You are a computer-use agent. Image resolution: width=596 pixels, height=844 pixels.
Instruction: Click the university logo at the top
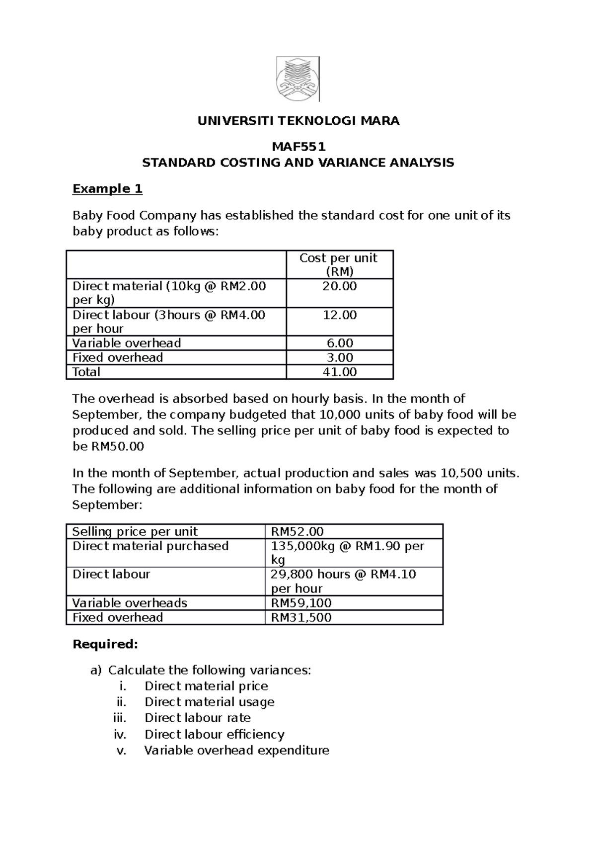click(x=298, y=79)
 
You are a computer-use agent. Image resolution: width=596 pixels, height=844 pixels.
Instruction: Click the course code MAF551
click(x=298, y=147)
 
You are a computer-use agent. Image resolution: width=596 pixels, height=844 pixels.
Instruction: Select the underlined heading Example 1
click(x=107, y=189)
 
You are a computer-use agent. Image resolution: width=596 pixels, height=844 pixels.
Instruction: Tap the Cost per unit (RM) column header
click(x=339, y=264)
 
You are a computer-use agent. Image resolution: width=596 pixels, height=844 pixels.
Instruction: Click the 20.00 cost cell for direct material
click(x=339, y=286)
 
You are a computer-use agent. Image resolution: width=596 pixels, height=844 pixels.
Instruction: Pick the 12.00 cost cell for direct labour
click(x=339, y=315)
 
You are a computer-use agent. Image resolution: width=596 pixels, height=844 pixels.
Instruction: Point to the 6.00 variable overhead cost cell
click(x=339, y=343)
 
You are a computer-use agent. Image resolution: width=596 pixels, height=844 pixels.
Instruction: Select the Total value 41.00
click(x=339, y=372)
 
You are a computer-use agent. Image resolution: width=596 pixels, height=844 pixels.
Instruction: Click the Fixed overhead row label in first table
click(x=118, y=358)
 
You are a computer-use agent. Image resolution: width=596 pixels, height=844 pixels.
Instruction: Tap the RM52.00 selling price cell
click(x=297, y=532)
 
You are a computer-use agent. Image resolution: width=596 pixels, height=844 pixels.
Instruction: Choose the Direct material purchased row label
click(x=150, y=546)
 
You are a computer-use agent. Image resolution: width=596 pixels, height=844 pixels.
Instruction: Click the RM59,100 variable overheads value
click(x=301, y=603)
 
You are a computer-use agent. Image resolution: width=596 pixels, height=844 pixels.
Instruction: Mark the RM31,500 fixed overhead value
click(x=301, y=618)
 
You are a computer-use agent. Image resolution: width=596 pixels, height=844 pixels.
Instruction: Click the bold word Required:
click(x=105, y=645)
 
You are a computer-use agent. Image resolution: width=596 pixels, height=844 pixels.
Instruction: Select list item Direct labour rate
click(x=197, y=718)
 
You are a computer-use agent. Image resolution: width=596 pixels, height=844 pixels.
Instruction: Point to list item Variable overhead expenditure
click(x=236, y=751)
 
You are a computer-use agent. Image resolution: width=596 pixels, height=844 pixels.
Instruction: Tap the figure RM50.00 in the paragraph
click(x=117, y=447)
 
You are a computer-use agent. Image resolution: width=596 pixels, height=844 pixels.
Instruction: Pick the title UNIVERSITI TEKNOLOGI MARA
click(x=298, y=121)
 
